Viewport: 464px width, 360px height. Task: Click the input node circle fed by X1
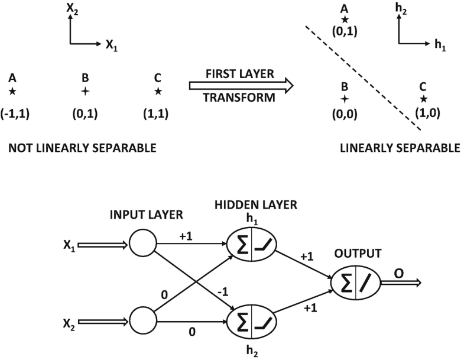pos(142,244)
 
